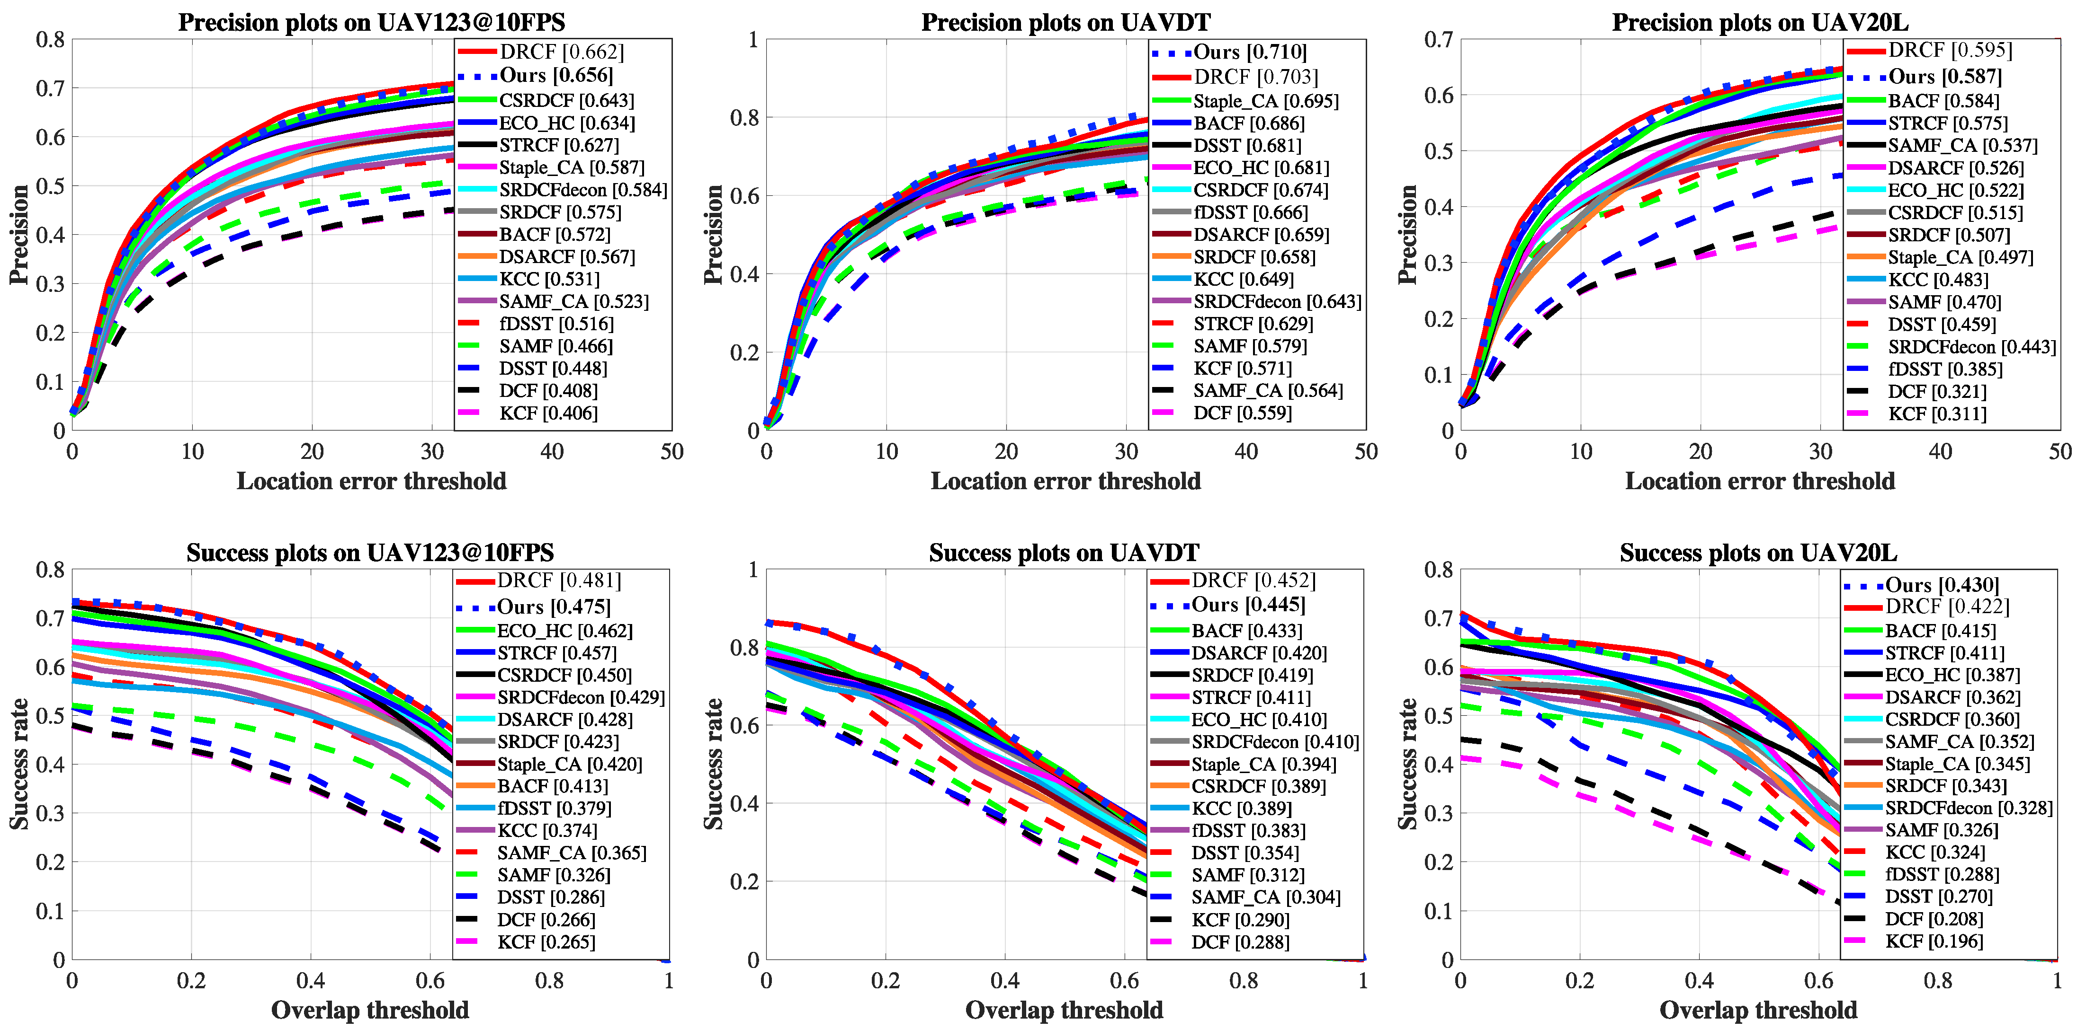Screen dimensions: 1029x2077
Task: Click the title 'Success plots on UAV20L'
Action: (1758, 553)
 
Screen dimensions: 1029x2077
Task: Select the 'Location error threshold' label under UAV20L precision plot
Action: (1759, 481)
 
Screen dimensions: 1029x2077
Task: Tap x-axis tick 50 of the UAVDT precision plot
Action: (1366, 451)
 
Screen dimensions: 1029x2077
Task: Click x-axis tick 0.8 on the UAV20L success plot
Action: (1937, 981)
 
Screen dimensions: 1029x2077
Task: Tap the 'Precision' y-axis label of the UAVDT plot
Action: (713, 235)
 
